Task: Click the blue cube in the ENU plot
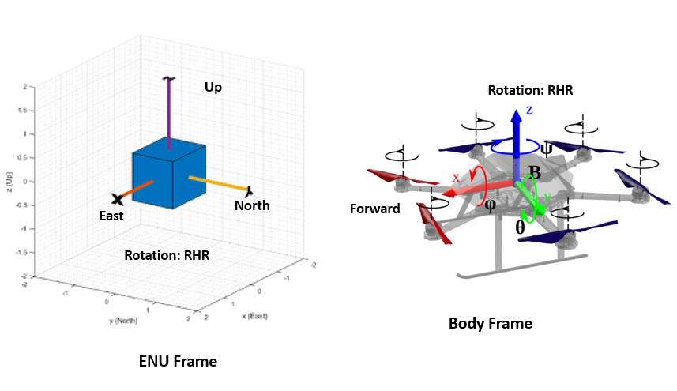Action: point(167,175)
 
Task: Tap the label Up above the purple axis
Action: point(213,87)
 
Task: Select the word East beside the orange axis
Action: point(111,216)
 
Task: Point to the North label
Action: point(252,206)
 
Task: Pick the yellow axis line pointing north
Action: point(218,184)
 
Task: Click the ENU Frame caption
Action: point(178,362)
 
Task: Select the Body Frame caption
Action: point(490,323)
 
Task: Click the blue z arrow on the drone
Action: point(516,138)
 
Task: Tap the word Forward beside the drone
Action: point(376,209)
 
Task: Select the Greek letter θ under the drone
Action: point(519,226)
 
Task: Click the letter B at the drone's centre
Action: point(534,172)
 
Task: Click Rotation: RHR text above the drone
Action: point(529,90)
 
